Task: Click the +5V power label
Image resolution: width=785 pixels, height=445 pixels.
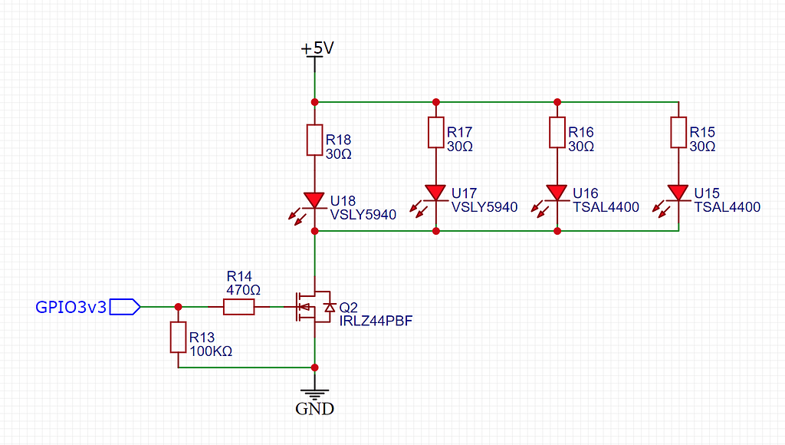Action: tap(317, 48)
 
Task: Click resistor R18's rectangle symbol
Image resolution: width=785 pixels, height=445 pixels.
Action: tap(314, 140)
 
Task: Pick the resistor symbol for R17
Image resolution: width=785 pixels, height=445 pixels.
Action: tap(435, 132)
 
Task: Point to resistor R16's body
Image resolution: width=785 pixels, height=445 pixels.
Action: tap(557, 132)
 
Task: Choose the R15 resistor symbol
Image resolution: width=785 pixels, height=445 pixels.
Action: tap(678, 132)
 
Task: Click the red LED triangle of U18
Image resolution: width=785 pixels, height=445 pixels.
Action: tap(314, 199)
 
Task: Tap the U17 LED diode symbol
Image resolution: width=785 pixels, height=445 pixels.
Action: tap(435, 192)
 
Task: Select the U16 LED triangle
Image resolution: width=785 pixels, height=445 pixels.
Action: tap(557, 192)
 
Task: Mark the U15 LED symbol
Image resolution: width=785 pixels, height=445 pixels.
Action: tap(678, 192)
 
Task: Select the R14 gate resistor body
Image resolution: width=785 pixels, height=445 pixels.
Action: tap(238, 308)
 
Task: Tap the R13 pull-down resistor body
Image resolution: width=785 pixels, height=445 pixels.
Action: tap(178, 338)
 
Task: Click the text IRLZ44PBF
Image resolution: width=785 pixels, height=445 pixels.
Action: tap(376, 321)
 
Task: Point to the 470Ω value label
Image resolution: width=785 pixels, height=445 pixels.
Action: tap(244, 290)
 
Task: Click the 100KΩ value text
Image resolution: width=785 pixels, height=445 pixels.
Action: tap(211, 351)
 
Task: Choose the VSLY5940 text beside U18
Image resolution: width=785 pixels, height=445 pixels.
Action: tap(363, 215)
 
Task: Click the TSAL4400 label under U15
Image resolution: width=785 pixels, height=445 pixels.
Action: tap(727, 207)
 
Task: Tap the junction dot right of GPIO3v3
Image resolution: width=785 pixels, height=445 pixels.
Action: tap(178, 307)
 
